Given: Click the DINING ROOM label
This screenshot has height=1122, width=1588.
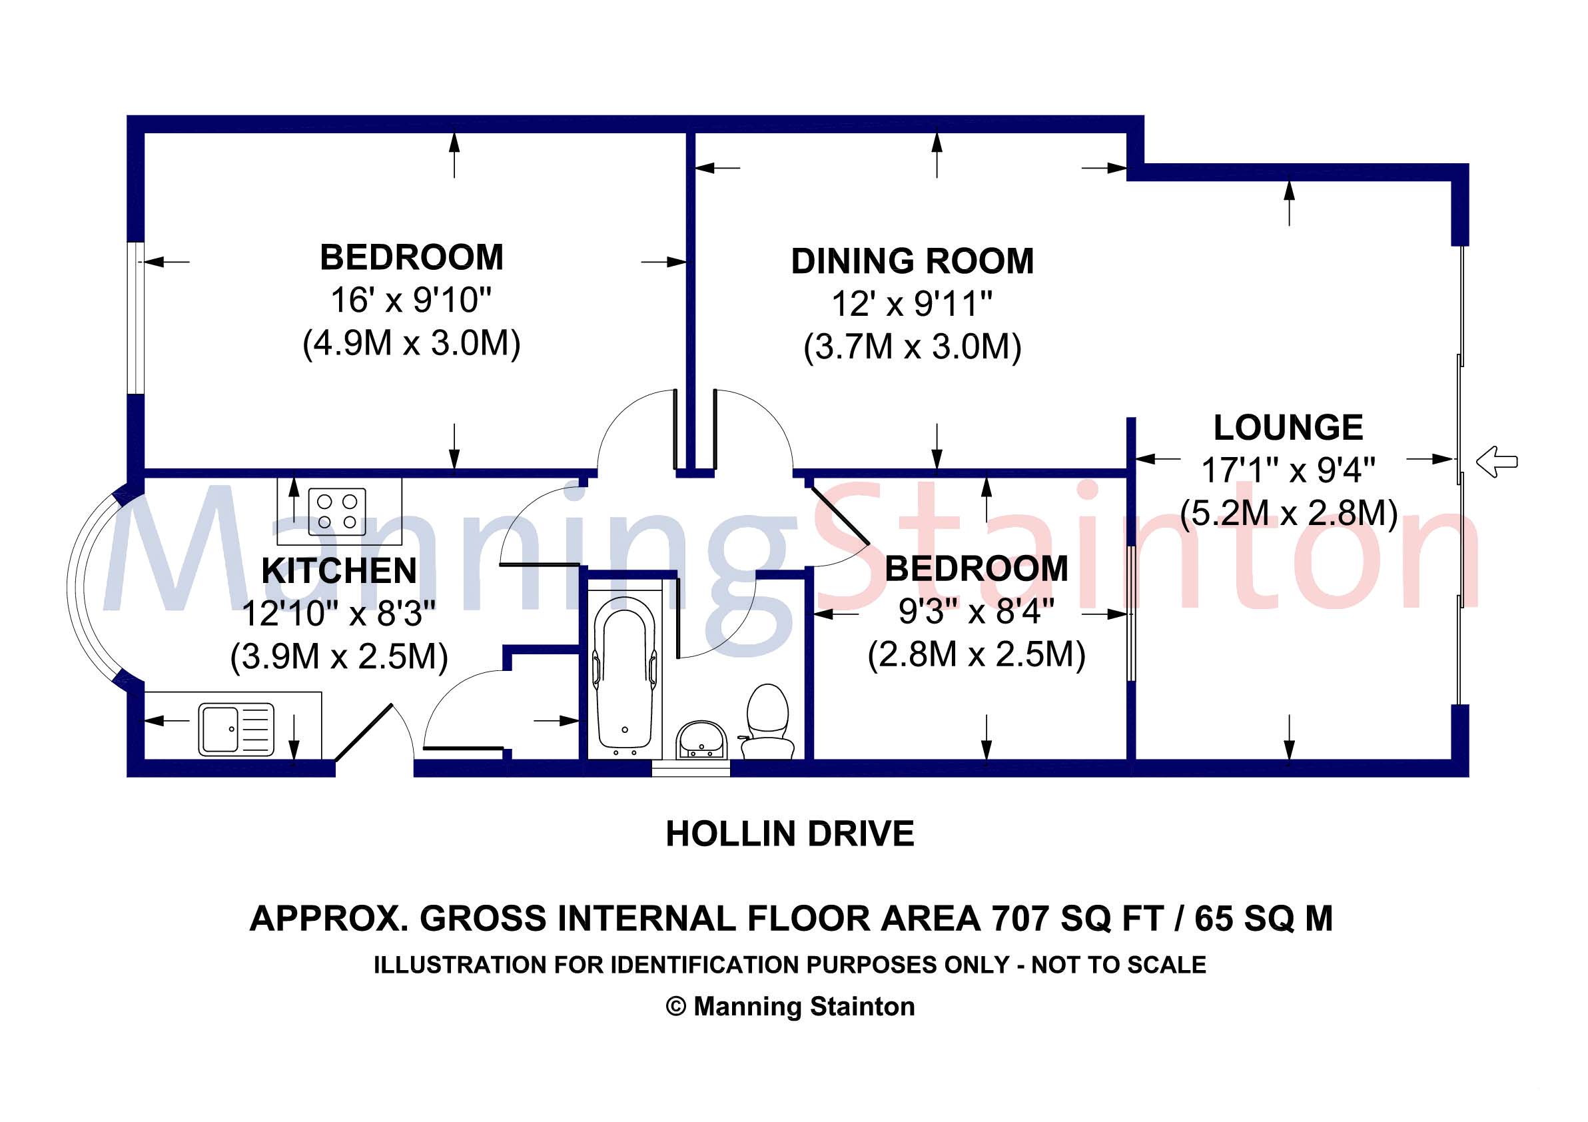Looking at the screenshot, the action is pos(913,261).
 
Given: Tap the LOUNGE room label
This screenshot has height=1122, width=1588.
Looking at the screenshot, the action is pos(1288,428).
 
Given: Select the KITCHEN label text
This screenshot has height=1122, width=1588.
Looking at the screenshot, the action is pos(339,572).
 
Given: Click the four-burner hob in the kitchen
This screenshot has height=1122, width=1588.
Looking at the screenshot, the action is pos(337,511).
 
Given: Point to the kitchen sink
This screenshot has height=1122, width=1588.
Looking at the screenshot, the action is pos(236,729).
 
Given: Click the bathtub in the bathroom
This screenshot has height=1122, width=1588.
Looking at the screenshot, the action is pos(625,674).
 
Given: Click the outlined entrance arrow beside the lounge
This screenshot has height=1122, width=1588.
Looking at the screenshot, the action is pos(1497,461).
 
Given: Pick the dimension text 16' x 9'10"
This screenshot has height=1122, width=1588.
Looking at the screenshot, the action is pos(411,300).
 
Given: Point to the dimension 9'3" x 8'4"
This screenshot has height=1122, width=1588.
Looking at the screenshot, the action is pos(976,612).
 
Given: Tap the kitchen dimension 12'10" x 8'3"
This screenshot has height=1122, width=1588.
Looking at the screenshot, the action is pos(339,614).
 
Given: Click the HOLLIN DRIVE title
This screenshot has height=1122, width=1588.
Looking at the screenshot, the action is pos(790,834).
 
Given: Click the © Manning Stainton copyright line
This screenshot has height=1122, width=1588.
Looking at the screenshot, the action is pos(790,1007).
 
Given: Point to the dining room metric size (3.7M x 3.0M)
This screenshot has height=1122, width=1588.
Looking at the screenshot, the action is pos(913,347).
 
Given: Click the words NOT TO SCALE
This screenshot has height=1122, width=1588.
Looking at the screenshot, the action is pos(1118,965).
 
